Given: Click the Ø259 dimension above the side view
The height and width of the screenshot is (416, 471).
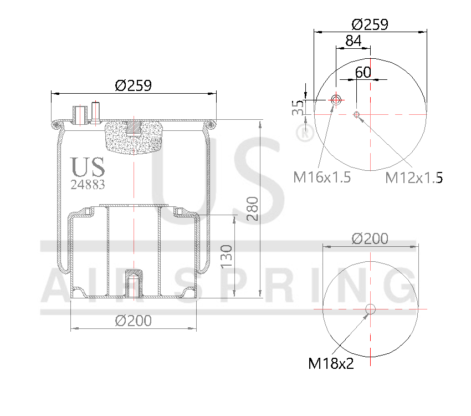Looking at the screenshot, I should pyautogui.click(x=133, y=85).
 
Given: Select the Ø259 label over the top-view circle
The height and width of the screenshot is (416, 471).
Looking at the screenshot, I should pyautogui.click(x=370, y=24).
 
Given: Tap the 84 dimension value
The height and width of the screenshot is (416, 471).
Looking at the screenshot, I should pyautogui.click(x=353, y=41).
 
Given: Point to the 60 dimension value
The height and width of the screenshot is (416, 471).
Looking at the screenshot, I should pyautogui.click(x=363, y=72).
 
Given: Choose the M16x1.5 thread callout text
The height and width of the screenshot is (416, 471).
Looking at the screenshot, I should pyautogui.click(x=322, y=177).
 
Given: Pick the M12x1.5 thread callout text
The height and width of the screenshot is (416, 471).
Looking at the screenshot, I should pyautogui.click(x=414, y=177).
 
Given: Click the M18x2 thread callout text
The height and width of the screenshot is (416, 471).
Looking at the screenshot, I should pyautogui.click(x=331, y=363).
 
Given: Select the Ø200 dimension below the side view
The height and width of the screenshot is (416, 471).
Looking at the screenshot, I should pyautogui.click(x=133, y=321).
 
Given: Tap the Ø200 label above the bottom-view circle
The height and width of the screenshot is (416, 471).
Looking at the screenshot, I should pyautogui.click(x=370, y=239).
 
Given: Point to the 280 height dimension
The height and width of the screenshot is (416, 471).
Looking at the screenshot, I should pyautogui.click(x=252, y=209).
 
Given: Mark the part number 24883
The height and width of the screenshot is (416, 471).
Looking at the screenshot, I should pyautogui.click(x=88, y=184).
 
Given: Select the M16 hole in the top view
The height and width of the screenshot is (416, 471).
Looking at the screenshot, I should pyautogui.click(x=336, y=100).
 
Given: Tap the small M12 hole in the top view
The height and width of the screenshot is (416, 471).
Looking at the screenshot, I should pyautogui.click(x=356, y=115).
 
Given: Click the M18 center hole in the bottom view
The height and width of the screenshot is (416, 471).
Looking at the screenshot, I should pyautogui.click(x=370, y=309).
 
